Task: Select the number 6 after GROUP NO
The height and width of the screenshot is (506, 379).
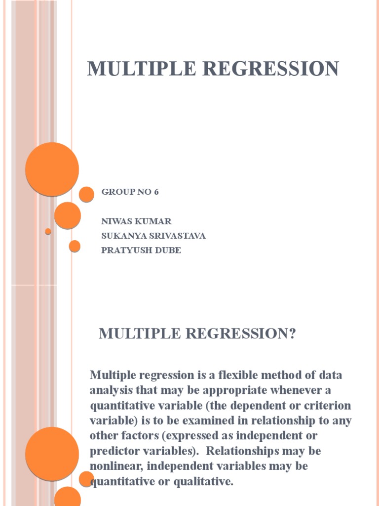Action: pos(156,192)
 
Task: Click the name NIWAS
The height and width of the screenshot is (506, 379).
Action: pos(117,221)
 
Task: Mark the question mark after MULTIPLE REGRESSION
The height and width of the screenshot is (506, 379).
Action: pos(291,334)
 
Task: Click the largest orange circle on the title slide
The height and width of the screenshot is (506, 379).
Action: pos(52,169)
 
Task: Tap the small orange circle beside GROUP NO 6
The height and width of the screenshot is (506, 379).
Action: pos(86,194)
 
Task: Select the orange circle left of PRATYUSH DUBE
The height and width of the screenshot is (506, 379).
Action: pos(75,246)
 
